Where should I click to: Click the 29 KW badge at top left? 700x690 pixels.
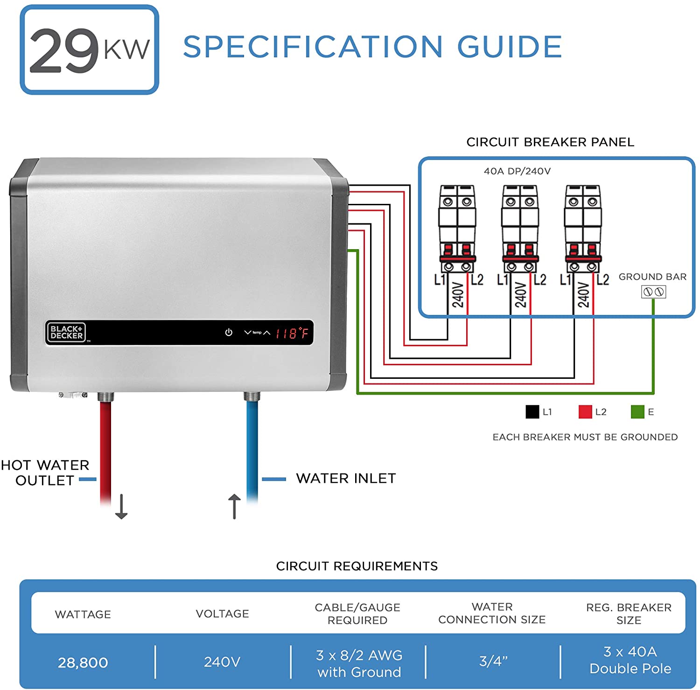pos(89,49)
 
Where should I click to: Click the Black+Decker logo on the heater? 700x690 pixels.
pos(66,332)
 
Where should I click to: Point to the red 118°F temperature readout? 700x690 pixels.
pos(292,333)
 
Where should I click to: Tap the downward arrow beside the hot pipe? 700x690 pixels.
pos(121,507)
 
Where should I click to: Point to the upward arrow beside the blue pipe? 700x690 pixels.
pos(234,507)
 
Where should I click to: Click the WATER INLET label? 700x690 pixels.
pos(346,478)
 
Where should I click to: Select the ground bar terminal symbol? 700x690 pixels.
pos(653,292)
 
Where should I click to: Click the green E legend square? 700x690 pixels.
pos(637,412)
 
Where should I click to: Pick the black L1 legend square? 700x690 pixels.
pos(532,412)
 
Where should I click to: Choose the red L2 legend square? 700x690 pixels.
pos(585,412)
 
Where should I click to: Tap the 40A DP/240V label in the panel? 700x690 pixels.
pos(517,171)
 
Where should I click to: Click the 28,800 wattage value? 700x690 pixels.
pos(83,662)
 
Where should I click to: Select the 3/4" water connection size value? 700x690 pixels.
pos(493,661)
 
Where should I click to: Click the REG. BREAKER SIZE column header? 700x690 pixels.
pos(629,613)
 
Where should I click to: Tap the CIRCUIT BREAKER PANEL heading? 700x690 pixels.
pos(550,142)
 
